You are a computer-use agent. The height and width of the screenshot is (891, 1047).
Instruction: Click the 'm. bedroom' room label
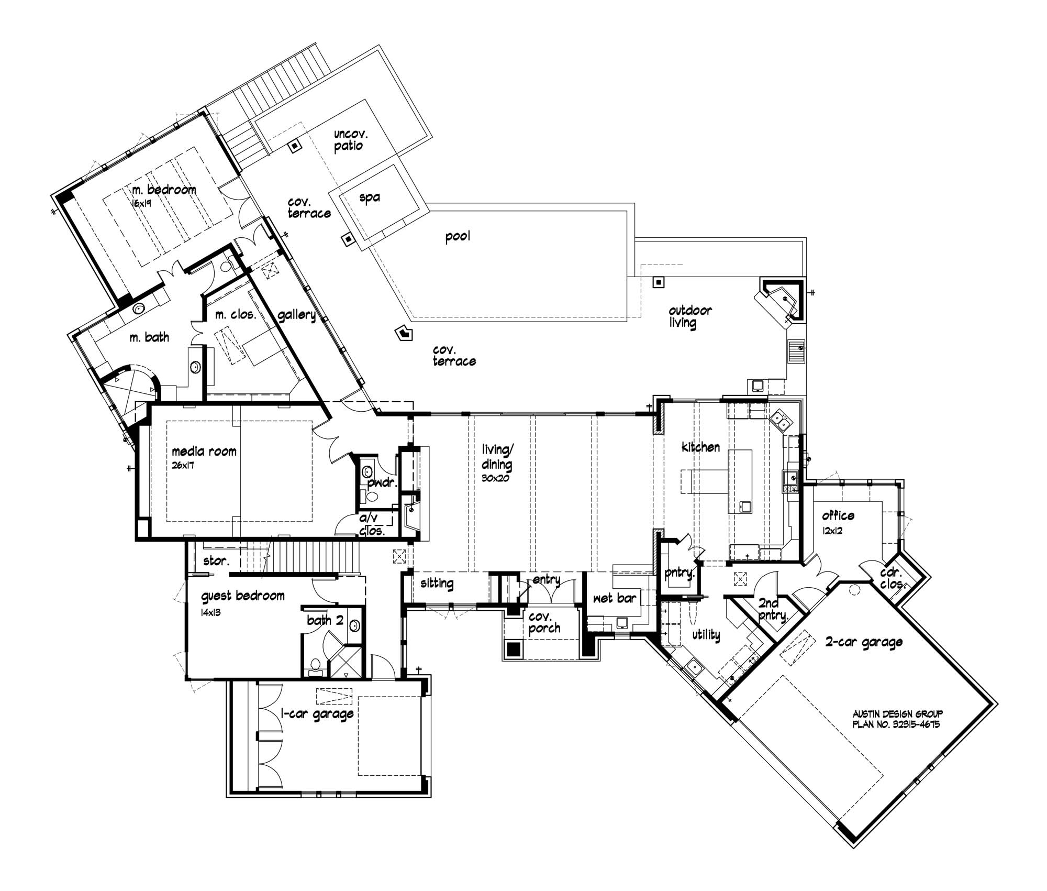pyautogui.click(x=164, y=190)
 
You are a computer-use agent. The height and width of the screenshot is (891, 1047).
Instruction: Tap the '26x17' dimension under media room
pyautogui.click(x=183, y=466)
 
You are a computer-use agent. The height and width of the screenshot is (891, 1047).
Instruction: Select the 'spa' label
pyautogui.click(x=370, y=197)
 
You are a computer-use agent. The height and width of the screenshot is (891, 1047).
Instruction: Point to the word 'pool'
pyautogui.click(x=458, y=236)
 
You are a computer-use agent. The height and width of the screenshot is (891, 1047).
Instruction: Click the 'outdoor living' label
pyautogui.click(x=689, y=316)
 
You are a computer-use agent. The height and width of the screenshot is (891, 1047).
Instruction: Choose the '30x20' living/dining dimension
pyautogui.click(x=495, y=478)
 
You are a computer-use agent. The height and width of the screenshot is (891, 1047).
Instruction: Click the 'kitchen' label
pyautogui.click(x=700, y=447)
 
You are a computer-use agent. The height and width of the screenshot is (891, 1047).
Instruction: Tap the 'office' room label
pyautogui.click(x=838, y=516)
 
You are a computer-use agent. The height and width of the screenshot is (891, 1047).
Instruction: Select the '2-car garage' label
pyautogui.click(x=864, y=642)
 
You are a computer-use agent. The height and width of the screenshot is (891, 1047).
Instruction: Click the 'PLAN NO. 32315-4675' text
pyautogui.click(x=896, y=725)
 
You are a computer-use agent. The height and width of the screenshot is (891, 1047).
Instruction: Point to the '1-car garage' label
pyautogui.click(x=317, y=714)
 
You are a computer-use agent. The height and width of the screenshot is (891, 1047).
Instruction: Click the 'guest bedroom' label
pyautogui.click(x=243, y=596)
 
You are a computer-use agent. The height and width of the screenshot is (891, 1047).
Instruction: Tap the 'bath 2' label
pyautogui.click(x=325, y=621)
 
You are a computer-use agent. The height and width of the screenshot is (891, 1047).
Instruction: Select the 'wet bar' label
pyautogui.click(x=615, y=598)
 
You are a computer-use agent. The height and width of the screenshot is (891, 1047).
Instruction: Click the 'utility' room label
pyautogui.click(x=706, y=635)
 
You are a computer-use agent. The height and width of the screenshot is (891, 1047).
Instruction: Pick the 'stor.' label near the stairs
pyautogui.click(x=216, y=561)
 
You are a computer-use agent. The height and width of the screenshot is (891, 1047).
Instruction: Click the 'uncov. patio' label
pyautogui.click(x=350, y=140)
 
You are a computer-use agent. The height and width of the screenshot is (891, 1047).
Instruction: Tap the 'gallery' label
pyautogui.click(x=296, y=315)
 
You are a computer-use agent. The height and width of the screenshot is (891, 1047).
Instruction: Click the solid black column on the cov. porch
pyautogui.click(x=514, y=648)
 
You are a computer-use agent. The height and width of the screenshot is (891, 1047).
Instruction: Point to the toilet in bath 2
pyautogui.click(x=315, y=665)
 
